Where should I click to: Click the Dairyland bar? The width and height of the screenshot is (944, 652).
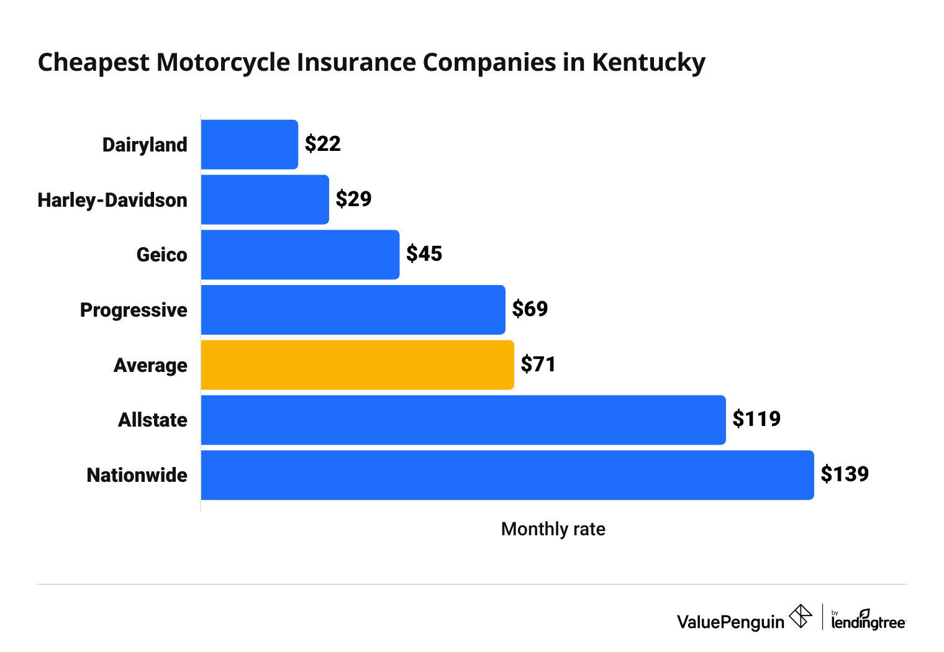(x=249, y=145)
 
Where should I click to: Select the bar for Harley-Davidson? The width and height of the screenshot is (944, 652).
(x=265, y=199)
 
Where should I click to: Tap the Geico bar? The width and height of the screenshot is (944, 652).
(x=300, y=255)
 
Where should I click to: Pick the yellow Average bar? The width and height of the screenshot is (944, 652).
(x=357, y=365)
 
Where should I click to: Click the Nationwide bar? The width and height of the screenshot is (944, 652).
(x=507, y=475)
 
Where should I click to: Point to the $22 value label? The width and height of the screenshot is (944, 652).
(x=322, y=144)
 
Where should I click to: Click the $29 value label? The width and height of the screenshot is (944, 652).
(x=353, y=199)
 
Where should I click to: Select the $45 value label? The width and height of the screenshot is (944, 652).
(x=424, y=254)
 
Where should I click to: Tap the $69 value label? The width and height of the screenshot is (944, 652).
(x=530, y=309)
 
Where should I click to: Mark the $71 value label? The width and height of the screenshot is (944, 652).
(x=538, y=364)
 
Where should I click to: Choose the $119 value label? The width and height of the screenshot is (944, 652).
(x=756, y=419)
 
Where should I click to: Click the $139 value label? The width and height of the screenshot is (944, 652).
(x=845, y=474)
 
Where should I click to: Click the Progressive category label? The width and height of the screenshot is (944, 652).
(x=134, y=310)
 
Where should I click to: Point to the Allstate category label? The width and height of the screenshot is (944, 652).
(x=153, y=420)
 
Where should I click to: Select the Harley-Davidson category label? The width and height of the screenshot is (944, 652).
(x=112, y=200)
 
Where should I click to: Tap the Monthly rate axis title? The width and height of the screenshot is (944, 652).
(x=553, y=529)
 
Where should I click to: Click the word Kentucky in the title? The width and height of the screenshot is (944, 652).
(x=648, y=63)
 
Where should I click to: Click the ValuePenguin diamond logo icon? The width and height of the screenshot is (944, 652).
(x=800, y=617)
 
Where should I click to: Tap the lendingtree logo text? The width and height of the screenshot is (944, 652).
(x=868, y=622)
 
